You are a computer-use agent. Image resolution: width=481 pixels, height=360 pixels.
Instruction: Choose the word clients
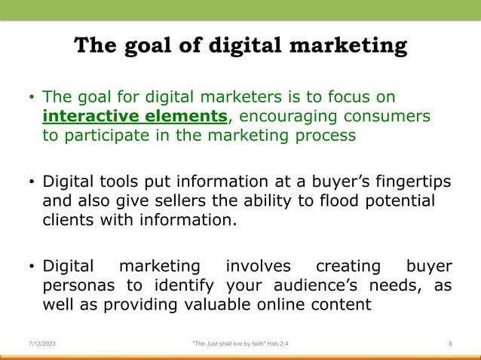pyautogui.click(x=69, y=221)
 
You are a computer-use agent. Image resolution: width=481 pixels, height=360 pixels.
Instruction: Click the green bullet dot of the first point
pyautogui.click(x=31, y=99)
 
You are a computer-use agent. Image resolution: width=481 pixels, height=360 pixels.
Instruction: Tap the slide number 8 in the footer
pyautogui.click(x=450, y=343)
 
